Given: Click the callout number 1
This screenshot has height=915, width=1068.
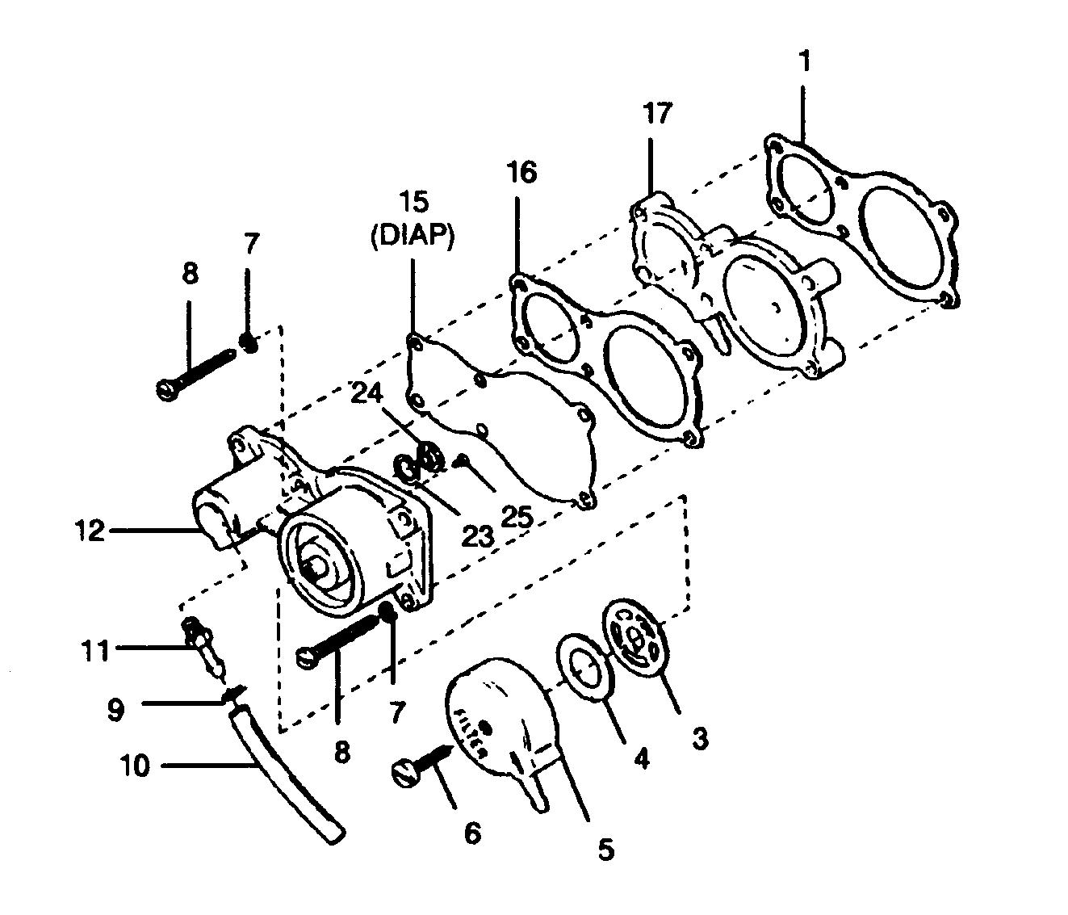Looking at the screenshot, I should point(804,61).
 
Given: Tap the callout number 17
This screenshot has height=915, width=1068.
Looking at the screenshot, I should point(656,113).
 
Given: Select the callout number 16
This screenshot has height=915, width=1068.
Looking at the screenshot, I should point(522,172).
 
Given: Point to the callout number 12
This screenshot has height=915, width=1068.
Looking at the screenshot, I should point(90,531).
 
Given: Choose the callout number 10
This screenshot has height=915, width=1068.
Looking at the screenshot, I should point(136,766).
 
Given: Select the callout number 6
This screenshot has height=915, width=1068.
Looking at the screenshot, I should point(472,832).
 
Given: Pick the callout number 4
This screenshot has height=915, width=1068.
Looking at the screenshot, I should point(640,760).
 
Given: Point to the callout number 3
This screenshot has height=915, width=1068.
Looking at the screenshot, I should point(699,737).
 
